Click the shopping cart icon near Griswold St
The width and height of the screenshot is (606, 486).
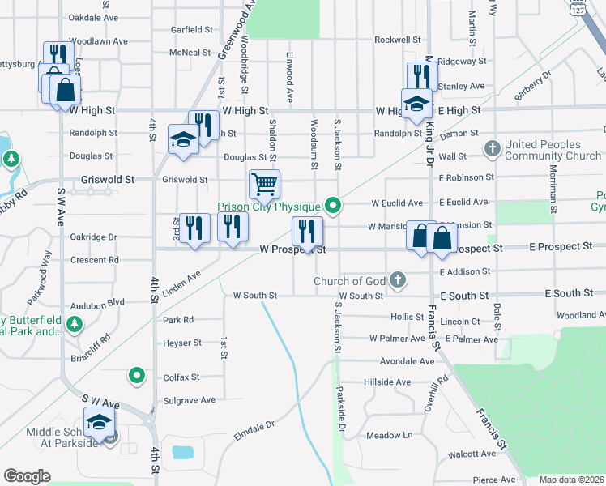click(x=264, y=185)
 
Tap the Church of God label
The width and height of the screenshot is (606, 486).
click(x=349, y=282)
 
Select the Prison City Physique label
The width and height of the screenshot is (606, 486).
click(x=269, y=207)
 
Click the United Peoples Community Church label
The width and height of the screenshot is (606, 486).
click(x=553, y=150)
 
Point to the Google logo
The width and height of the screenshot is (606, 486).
click(x=26, y=476)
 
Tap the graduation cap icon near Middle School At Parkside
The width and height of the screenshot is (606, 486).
click(x=99, y=422)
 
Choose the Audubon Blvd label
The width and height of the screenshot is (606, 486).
click(x=97, y=301)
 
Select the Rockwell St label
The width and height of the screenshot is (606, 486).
click(x=397, y=40)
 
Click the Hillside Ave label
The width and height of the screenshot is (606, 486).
click(x=387, y=382)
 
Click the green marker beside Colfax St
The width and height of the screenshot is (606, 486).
click(x=137, y=375)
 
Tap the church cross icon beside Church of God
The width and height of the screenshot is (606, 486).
click(x=397, y=281)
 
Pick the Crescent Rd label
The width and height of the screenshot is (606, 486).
click(x=95, y=260)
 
